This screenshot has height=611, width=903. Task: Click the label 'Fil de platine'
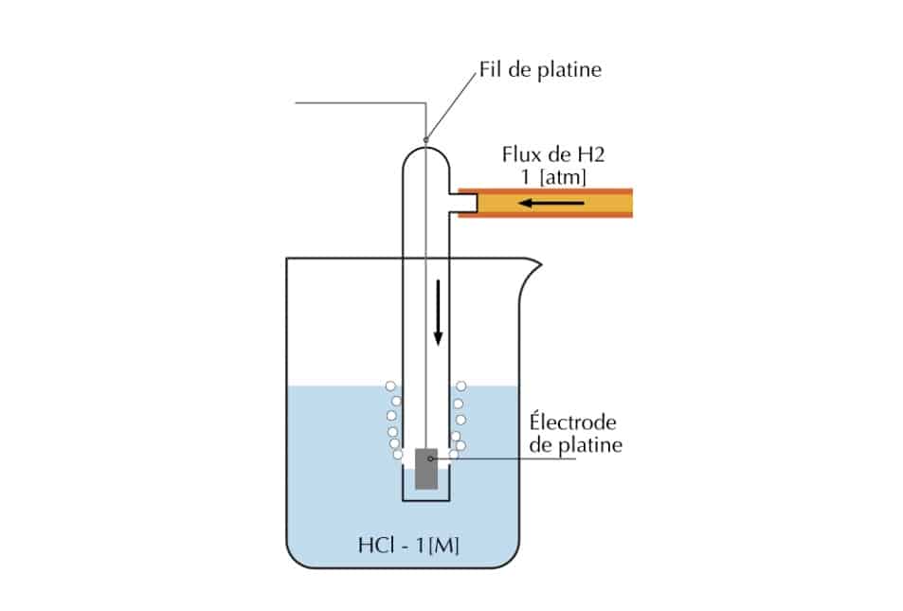pos(540,70)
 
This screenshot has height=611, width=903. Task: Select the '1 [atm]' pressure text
pos(539,177)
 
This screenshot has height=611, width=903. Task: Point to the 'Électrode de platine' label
pos(576,433)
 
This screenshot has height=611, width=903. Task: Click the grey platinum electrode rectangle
pos(426,468)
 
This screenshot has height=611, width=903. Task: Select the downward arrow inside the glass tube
pos(438,313)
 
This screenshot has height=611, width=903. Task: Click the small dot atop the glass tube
pos(425,140)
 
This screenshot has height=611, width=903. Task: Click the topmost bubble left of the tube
pos(389,386)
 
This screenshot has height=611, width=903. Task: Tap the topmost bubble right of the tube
pos(462,386)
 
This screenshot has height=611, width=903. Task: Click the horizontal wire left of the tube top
pos(360,101)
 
